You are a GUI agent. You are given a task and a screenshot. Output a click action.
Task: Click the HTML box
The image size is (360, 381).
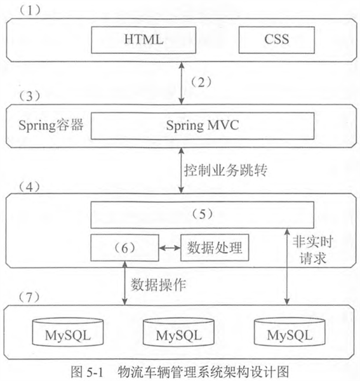pos(143,40)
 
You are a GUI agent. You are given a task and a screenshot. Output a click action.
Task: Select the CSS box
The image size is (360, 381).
pos(277,40)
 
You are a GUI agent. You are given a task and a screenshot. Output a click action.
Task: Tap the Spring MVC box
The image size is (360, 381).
pos(203,126)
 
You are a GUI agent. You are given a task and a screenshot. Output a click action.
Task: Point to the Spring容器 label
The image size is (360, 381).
pos(51,126)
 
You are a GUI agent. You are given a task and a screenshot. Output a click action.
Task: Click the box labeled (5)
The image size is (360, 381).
pos(203,215)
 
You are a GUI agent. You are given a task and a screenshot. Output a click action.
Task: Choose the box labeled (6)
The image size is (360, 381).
pos(125,248)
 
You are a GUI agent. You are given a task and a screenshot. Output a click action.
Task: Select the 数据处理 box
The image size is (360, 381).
pos(215,248)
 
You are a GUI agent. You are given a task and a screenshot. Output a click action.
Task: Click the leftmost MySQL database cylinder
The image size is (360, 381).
pos(68,332)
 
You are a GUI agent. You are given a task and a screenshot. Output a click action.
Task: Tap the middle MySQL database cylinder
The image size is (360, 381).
pos(179,332)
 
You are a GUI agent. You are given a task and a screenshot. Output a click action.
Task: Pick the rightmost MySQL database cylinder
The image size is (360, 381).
pos(290,332)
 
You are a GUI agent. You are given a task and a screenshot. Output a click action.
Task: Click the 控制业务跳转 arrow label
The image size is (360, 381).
pos(225,170)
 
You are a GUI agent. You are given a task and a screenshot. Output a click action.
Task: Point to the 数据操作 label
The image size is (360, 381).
pos(159,284)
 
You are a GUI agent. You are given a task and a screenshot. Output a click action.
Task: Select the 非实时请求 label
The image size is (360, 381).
pos(312,250)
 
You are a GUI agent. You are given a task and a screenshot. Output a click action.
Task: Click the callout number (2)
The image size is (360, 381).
pos(201,83)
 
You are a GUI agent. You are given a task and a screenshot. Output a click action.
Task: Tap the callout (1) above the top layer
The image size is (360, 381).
pos(30,10)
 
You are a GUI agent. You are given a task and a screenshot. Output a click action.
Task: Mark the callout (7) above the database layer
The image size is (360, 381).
pos(30,297)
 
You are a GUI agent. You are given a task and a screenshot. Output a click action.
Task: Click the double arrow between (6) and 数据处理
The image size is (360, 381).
pos(170,248)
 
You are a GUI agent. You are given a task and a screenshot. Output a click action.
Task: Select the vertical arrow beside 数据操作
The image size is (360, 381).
pos(125,283)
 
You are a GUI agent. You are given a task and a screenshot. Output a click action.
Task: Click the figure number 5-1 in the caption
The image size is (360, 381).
pos(95,372)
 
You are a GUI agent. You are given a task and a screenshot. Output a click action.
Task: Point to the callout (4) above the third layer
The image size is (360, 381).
pos(30,187)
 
